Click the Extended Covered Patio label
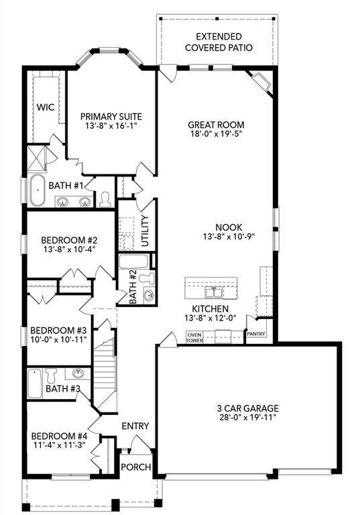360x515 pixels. point(215,42)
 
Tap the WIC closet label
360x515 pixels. point(45,107)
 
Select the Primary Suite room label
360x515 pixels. point(111,115)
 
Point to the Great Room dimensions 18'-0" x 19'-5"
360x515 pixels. point(215,134)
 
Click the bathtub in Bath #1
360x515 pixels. point(37,190)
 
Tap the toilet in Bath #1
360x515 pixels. point(105,198)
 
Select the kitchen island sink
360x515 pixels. point(213,292)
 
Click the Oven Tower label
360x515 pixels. point(194,337)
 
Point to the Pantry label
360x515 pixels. point(255,333)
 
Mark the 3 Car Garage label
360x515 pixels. point(247,408)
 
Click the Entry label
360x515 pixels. point(135,426)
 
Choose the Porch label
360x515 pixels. point(137,467)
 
